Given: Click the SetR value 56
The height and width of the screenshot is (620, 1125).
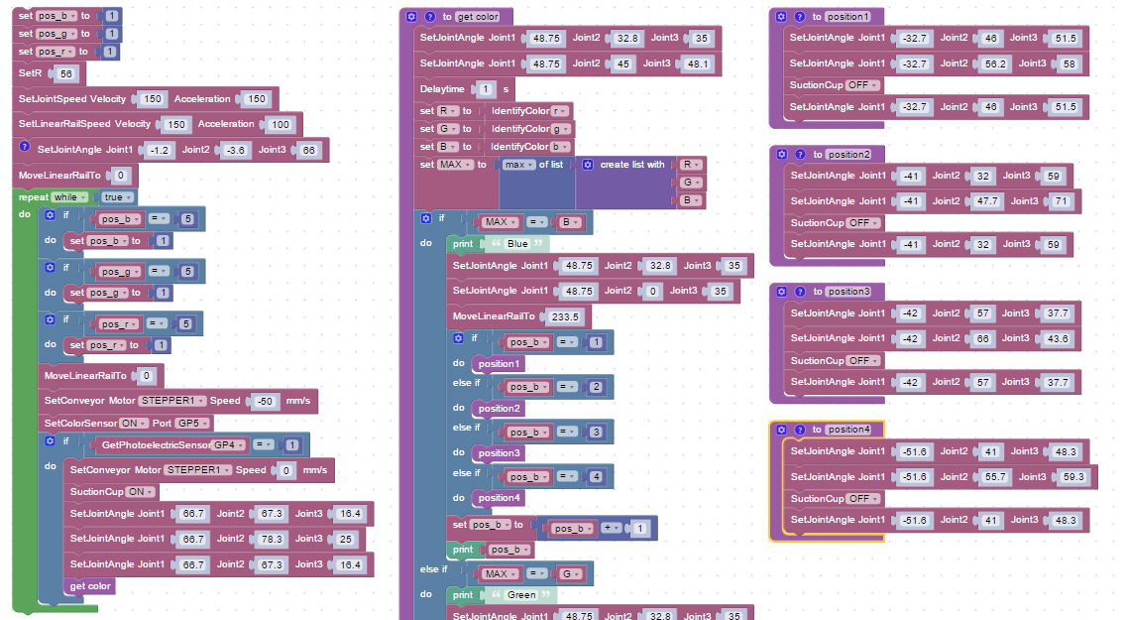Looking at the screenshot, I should (66, 74).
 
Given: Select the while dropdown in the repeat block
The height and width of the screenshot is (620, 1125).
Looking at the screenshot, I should (69, 196).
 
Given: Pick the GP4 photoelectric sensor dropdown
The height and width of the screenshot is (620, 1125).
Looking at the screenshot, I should (227, 444).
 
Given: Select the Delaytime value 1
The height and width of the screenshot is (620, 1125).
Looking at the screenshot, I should (486, 89).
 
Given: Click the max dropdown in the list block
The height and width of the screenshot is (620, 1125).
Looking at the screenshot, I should (518, 165).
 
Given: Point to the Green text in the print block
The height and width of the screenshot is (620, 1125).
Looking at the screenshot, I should (521, 595).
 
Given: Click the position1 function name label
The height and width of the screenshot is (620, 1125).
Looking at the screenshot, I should (848, 17).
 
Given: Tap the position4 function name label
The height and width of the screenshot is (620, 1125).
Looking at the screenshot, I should (849, 430).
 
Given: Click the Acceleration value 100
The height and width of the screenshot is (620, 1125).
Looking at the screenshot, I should (280, 124).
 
